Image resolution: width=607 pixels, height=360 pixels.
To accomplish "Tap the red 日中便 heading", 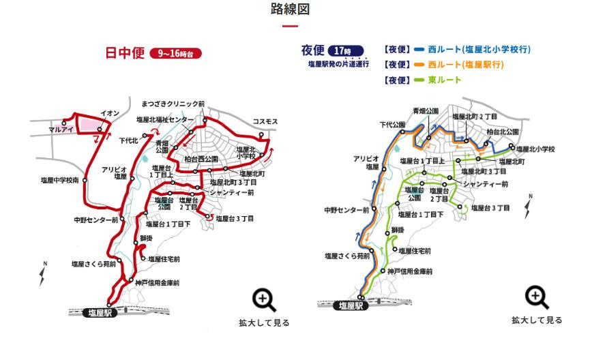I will pos(124,53).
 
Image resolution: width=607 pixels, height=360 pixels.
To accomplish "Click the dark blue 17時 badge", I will pos(346,50).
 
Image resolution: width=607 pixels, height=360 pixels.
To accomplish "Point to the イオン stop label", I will pos(110,113).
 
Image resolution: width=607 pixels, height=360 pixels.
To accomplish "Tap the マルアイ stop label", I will pos(61,129).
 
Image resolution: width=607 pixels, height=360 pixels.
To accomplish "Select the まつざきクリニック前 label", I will pos(173,104).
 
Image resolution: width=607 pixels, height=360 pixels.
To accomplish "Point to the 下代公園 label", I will pos(392,125).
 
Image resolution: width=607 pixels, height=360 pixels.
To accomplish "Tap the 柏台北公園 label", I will pos(503,132).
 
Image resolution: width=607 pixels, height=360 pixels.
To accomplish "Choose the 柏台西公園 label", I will pos(201,159).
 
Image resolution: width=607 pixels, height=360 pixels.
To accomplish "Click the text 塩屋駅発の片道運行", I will pos(338,63).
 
